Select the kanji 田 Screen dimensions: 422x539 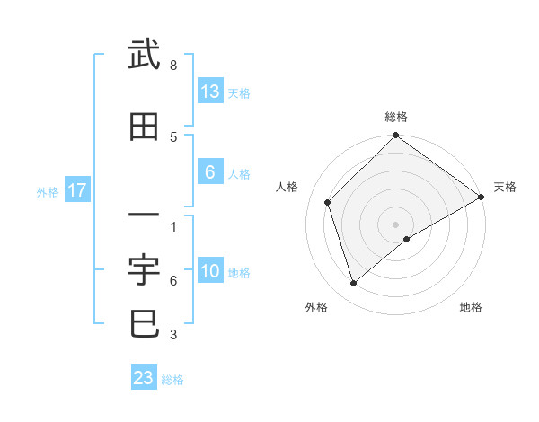click(x=144, y=127)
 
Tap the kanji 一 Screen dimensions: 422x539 click(x=144, y=215)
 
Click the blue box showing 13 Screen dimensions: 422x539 click(x=210, y=92)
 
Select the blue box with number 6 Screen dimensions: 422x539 click(x=210, y=172)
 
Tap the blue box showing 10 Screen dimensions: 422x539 click(x=210, y=272)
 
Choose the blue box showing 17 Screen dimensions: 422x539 click(x=76, y=190)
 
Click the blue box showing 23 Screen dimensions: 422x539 click(x=144, y=378)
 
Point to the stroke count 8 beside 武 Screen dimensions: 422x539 click(x=173, y=66)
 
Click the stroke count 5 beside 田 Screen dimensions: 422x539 click(x=173, y=136)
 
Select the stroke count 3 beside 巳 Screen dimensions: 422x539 click(x=173, y=336)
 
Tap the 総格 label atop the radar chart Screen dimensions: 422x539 click(x=396, y=117)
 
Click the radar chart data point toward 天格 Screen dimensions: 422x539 click(x=481, y=198)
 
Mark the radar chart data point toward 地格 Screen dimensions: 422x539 click(x=407, y=239)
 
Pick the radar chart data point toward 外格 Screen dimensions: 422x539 click(x=353, y=283)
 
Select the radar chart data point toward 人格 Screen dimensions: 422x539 click(x=328, y=202)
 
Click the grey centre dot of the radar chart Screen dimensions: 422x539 click(x=396, y=224)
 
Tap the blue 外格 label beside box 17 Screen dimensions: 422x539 click(x=48, y=191)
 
